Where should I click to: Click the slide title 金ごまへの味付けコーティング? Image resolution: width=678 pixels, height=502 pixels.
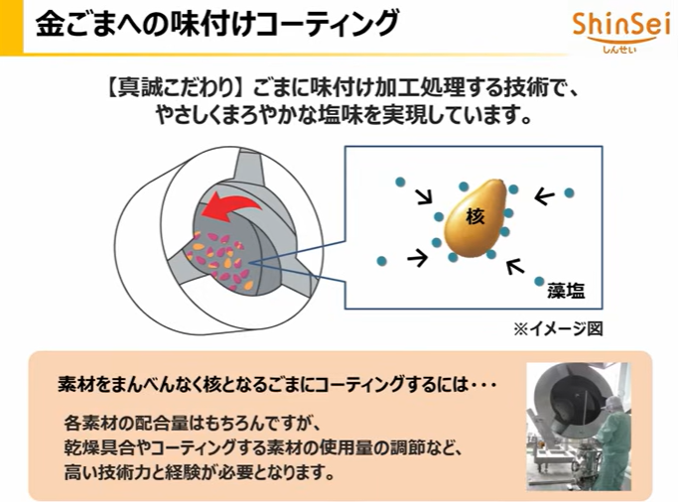coord(217,23)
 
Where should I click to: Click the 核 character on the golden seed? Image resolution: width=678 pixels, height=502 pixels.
coord(474,215)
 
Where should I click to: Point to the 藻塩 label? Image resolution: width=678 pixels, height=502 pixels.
coord(565,291)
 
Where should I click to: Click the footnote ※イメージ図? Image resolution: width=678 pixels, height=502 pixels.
coord(557,328)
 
